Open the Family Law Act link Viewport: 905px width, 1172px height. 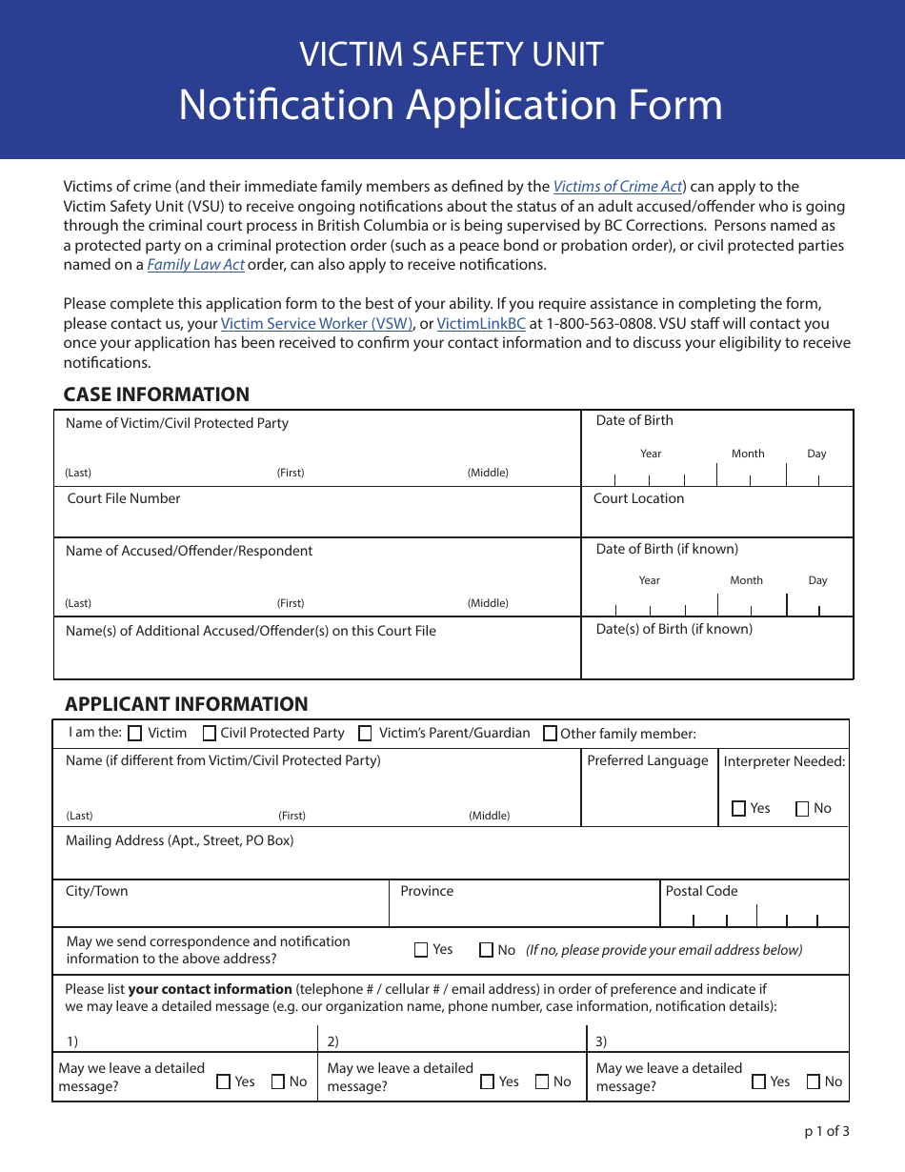click(x=195, y=265)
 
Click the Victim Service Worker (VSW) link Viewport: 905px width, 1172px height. click(x=316, y=324)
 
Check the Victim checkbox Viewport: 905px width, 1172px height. click(x=135, y=734)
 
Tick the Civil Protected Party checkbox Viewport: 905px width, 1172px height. click(x=210, y=734)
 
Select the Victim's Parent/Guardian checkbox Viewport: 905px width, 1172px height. click(x=365, y=734)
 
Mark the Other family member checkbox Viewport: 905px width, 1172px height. click(x=550, y=734)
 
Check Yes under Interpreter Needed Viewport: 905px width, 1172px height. click(x=739, y=809)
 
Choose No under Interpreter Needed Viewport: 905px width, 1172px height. click(x=802, y=809)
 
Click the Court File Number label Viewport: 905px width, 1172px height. click(x=124, y=498)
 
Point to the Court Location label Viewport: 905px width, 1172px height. click(x=638, y=498)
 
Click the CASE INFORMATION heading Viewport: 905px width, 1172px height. click(x=156, y=394)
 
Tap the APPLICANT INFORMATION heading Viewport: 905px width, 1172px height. click(x=187, y=704)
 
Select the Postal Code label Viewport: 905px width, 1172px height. click(x=701, y=891)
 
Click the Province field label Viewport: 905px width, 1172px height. click(x=427, y=891)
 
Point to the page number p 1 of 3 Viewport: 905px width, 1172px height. click(x=826, y=1132)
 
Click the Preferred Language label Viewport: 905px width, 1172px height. click(x=648, y=760)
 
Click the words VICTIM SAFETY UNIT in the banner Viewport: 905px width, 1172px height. click(x=452, y=54)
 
